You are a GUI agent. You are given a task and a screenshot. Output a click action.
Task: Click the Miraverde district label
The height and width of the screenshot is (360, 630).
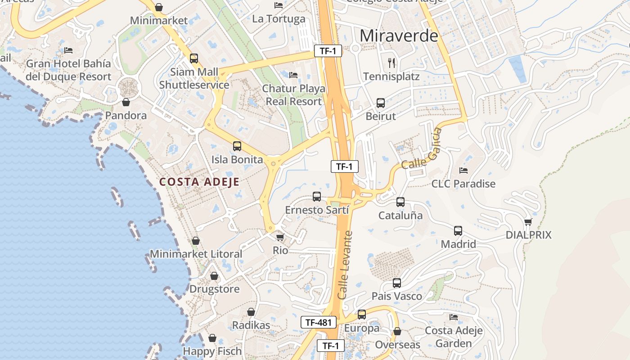(x=399, y=36)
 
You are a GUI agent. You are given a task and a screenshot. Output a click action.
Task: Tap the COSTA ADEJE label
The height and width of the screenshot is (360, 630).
(x=199, y=182)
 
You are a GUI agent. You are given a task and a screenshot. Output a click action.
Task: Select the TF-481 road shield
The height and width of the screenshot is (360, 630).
(x=319, y=322)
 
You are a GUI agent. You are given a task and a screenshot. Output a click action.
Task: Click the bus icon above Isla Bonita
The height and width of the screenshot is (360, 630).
(x=237, y=146)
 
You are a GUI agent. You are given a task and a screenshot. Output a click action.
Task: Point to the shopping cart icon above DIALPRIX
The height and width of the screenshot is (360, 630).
(x=528, y=222)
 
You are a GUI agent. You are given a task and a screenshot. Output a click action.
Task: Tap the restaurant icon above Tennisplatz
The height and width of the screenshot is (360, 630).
(x=391, y=63)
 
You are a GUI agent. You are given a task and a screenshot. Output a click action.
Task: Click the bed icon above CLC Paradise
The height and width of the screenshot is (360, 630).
(x=463, y=171)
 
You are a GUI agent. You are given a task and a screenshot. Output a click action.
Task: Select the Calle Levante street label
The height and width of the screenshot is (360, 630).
(x=345, y=265)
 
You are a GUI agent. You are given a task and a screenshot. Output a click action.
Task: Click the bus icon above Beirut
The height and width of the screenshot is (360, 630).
(x=381, y=103)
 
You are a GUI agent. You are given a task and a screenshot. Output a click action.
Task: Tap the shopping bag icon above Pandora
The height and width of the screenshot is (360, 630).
(x=126, y=103)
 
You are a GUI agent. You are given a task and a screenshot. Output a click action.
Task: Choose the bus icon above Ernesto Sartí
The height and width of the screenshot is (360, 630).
(x=317, y=197)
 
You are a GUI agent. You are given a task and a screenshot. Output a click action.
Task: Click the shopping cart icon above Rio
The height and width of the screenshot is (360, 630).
(x=280, y=237)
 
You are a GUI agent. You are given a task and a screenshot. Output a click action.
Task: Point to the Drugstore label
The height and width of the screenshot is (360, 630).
(x=215, y=289)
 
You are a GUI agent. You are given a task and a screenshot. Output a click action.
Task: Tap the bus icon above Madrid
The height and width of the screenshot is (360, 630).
(x=458, y=231)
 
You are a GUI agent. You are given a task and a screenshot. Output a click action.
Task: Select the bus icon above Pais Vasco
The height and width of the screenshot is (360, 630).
(x=397, y=283)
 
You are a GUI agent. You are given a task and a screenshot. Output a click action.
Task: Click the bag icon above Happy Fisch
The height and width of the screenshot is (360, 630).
(x=212, y=338)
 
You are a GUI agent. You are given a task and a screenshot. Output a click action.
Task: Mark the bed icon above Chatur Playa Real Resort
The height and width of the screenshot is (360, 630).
(x=293, y=75)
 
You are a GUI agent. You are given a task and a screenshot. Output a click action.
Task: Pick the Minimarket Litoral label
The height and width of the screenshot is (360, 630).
(x=196, y=254)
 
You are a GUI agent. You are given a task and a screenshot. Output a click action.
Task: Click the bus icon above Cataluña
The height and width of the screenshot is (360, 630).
(x=400, y=202)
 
